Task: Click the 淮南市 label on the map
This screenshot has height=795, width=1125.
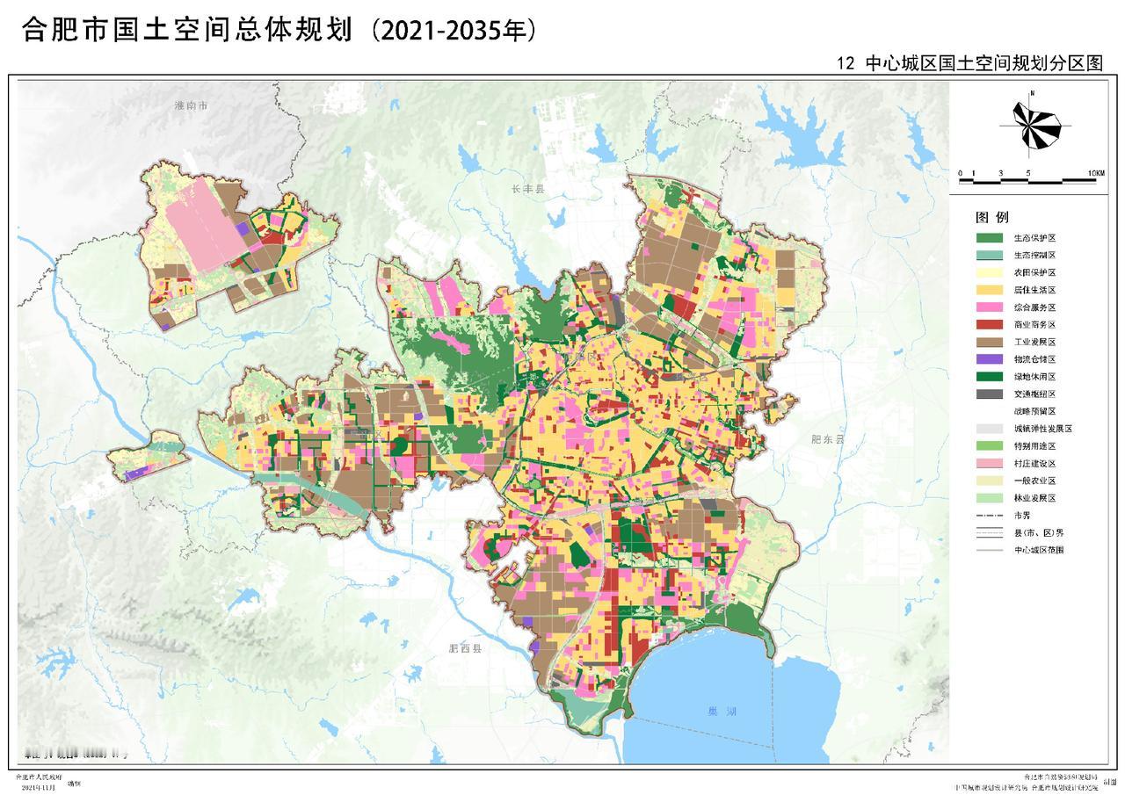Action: [x=191, y=105]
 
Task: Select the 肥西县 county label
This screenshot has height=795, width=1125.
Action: [x=466, y=650]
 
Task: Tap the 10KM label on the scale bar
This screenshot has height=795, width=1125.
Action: [x=1095, y=173]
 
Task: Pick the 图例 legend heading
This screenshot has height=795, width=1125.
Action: [x=991, y=217]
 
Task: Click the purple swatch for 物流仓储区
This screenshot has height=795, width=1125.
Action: [x=989, y=359]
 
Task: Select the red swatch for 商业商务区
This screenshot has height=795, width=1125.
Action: [x=989, y=325]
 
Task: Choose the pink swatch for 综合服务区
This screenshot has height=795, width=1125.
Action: [x=989, y=307]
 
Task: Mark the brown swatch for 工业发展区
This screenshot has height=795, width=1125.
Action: [x=989, y=343]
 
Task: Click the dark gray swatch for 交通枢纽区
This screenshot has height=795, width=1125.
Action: [x=989, y=394]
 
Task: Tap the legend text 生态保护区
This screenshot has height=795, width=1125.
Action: [x=1034, y=238]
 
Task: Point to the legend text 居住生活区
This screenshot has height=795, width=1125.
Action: [x=1034, y=290]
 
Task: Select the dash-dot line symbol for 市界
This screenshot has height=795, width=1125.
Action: [x=989, y=516]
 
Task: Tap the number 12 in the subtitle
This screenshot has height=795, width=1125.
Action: [x=846, y=64]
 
